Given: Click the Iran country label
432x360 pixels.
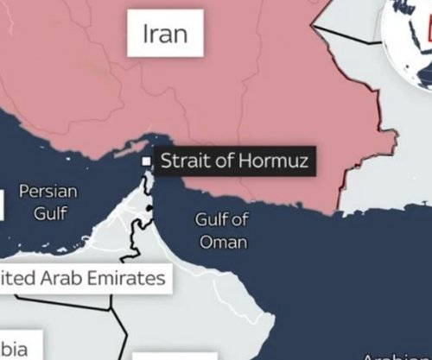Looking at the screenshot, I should click(x=165, y=35).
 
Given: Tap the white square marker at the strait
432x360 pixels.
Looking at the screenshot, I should click(x=146, y=161).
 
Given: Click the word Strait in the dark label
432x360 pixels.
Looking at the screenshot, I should click(x=181, y=161).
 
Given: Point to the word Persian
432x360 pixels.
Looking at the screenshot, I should click(x=48, y=192).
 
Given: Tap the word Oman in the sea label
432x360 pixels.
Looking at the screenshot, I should click(x=223, y=242).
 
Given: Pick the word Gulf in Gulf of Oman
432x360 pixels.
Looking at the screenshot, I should click(x=211, y=219).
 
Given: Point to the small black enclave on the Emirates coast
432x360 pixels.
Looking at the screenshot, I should click(x=150, y=209).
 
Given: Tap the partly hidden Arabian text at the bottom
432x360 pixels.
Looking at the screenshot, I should click(x=393, y=355).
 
